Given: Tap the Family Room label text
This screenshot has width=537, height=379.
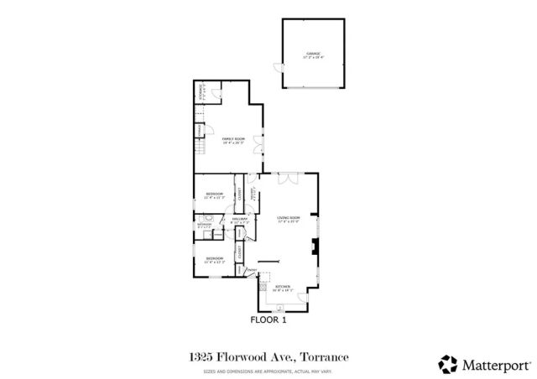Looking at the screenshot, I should point(232,138).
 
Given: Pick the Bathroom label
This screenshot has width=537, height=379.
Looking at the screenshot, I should point(205,225).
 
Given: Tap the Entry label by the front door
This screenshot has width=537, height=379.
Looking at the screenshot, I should point(250,270).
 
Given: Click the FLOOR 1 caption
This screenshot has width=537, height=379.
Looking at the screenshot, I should point(268,319).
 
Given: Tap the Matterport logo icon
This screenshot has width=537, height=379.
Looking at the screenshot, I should point(448,363).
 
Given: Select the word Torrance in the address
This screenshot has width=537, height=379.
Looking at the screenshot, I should point(324,356).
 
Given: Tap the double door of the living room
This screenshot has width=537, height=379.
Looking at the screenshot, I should point(288,177).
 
